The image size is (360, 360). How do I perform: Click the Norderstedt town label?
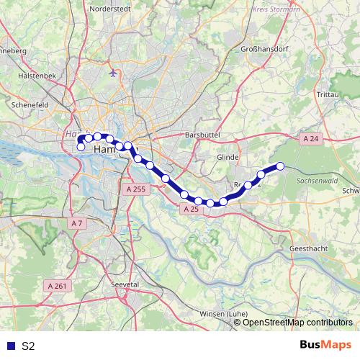point(113,10)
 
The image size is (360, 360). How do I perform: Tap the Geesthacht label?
point(311,247)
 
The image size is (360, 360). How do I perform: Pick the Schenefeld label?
point(29,104)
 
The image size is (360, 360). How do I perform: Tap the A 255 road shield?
point(135,189)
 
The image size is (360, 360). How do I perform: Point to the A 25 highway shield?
point(191,209)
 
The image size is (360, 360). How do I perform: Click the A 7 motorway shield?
point(78,224)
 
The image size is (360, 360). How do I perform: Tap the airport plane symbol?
point(114,73)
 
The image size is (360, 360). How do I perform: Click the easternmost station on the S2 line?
point(281,166)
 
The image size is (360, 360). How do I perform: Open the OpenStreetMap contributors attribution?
point(297,323)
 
